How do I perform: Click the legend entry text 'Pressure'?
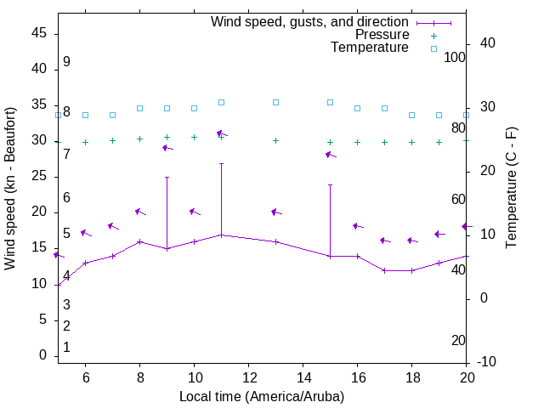[x=381, y=35]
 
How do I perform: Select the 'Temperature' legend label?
[x=370, y=48]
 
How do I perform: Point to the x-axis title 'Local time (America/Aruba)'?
[x=262, y=397]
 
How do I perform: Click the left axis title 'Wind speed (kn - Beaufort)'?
[x=10, y=189]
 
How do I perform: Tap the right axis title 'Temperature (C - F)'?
[x=511, y=189]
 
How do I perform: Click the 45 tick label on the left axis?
[x=38, y=33]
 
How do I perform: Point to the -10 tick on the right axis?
[x=490, y=363]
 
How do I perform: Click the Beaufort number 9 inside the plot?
[x=66, y=62]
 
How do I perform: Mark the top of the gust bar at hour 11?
[x=221, y=163]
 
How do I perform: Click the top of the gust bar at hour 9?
[x=167, y=178]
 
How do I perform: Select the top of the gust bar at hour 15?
[x=330, y=184]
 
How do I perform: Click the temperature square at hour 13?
[x=275, y=102]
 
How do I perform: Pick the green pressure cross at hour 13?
[x=275, y=140]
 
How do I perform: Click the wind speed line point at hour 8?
[x=139, y=241]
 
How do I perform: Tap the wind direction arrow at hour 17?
[x=384, y=241]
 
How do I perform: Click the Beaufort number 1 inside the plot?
[x=66, y=348]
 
